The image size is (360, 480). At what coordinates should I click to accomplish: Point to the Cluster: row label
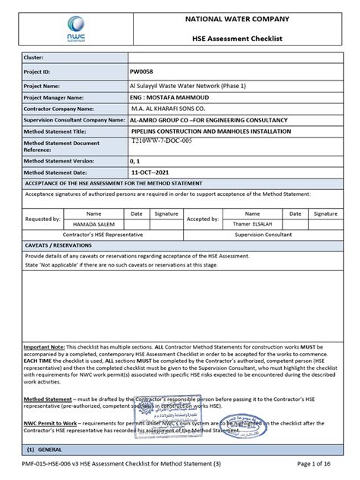pyautogui.click(x=38, y=57)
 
